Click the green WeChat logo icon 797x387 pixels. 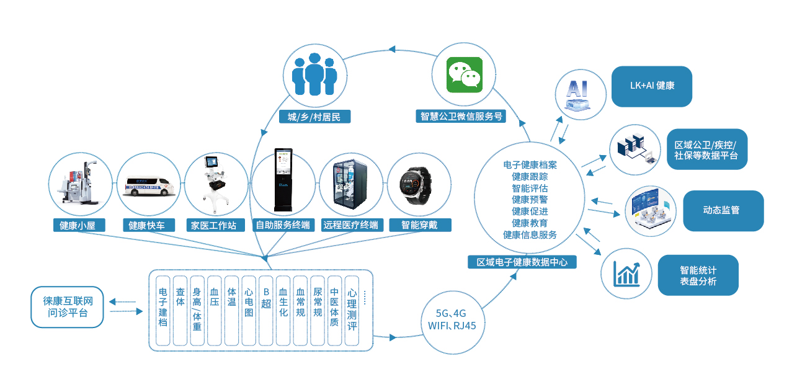[x=465, y=74]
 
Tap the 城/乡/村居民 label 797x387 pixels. [x=314, y=117]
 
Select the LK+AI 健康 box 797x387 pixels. [x=651, y=86]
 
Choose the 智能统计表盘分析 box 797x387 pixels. [x=698, y=275]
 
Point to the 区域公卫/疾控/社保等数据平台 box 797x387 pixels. [x=706, y=149]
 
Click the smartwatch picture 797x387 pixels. [x=419, y=185]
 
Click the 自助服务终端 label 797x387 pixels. [x=283, y=225]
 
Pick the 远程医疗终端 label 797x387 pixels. [x=350, y=225]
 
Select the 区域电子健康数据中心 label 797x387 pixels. [x=522, y=262]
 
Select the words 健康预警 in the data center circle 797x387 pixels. [x=530, y=200]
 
